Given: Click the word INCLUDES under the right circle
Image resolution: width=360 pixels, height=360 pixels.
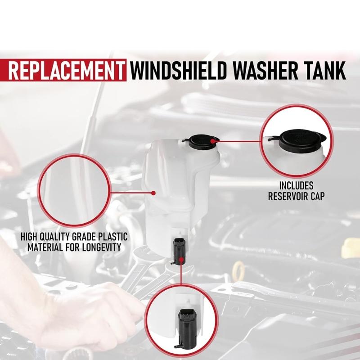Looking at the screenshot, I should [x=297, y=185].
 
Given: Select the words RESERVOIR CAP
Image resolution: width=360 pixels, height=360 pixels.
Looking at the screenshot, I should [x=297, y=196].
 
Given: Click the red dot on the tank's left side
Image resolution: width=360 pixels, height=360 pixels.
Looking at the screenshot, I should [x=153, y=193].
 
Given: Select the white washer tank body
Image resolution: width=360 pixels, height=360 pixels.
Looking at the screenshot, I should [x=180, y=189].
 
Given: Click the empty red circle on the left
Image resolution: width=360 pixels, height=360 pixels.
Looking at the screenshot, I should [x=73, y=193].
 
